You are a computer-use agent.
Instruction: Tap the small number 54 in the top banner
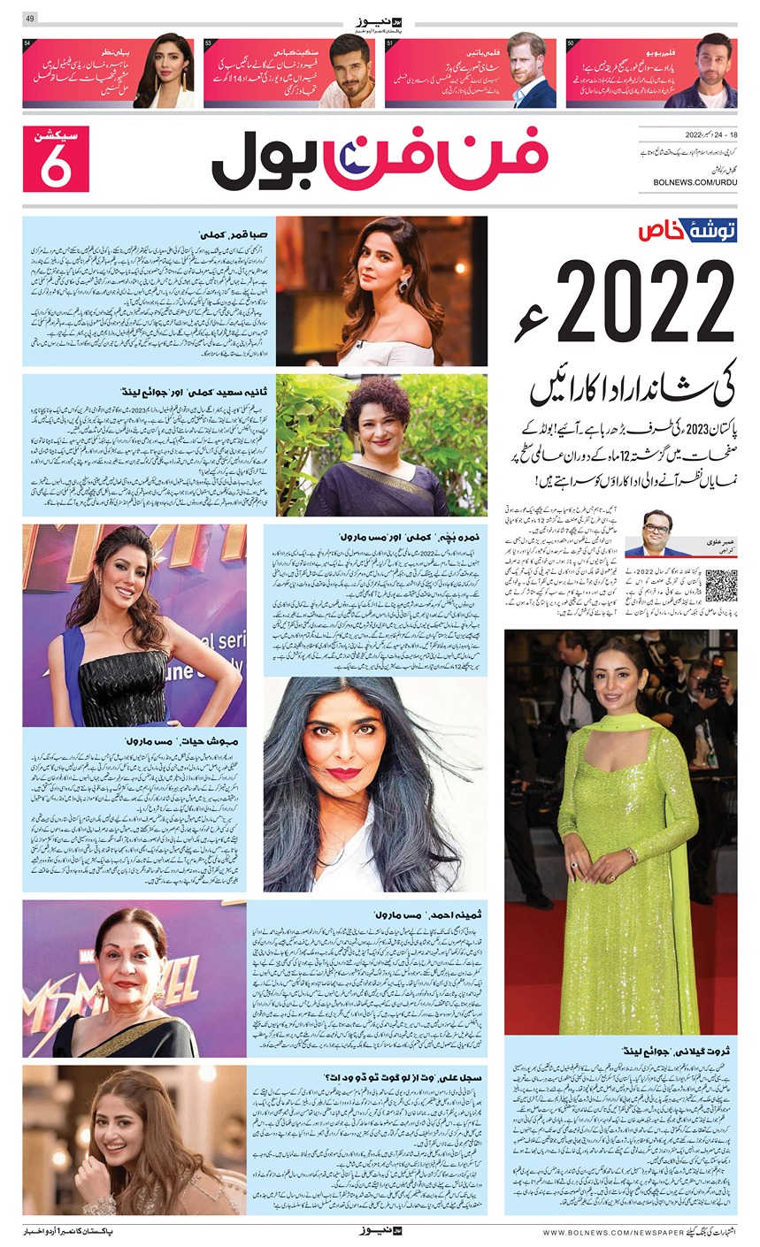pos(29,43)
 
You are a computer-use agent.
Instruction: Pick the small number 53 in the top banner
pos(210,43)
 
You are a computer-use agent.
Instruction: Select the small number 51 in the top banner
pos(390,43)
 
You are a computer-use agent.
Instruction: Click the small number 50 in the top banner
pos(572,43)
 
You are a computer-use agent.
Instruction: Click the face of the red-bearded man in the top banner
pos(528,60)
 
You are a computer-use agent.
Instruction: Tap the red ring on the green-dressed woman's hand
pos(573,864)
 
